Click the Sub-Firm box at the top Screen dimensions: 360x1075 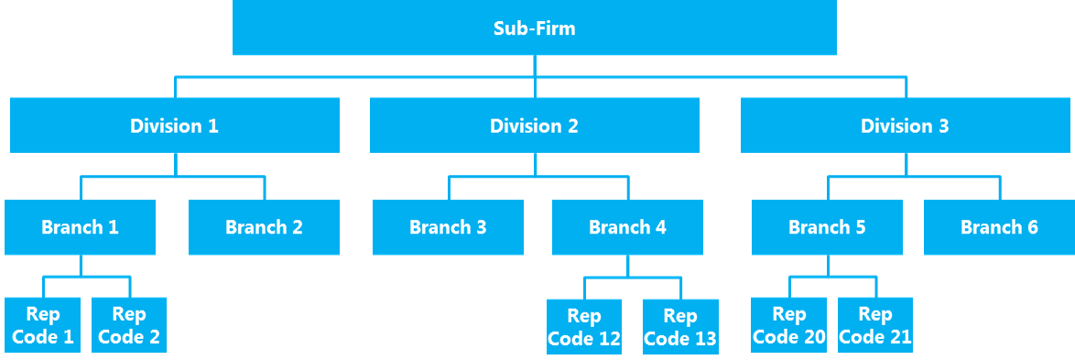(x=535, y=27)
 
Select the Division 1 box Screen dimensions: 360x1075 (x=174, y=125)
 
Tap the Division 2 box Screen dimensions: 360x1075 (x=534, y=125)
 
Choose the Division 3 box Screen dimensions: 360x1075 (x=905, y=125)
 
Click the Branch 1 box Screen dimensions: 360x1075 (x=80, y=227)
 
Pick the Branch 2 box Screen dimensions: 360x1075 (x=264, y=227)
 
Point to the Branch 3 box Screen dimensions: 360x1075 (x=448, y=227)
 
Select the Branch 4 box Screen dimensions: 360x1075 (x=627, y=227)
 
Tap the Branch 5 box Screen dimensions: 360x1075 (x=827, y=227)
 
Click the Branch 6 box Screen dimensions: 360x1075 (x=999, y=227)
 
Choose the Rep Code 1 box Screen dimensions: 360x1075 (x=42, y=325)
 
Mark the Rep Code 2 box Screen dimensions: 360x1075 (x=129, y=325)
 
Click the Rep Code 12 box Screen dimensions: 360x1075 (x=584, y=327)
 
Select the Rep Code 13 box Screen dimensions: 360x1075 (x=679, y=327)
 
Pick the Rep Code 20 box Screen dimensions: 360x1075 (x=788, y=325)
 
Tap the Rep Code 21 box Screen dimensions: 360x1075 (x=874, y=325)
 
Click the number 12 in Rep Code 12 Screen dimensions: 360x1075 (x=608, y=339)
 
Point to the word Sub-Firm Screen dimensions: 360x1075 (x=535, y=28)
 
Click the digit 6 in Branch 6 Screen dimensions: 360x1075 (x=1032, y=227)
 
